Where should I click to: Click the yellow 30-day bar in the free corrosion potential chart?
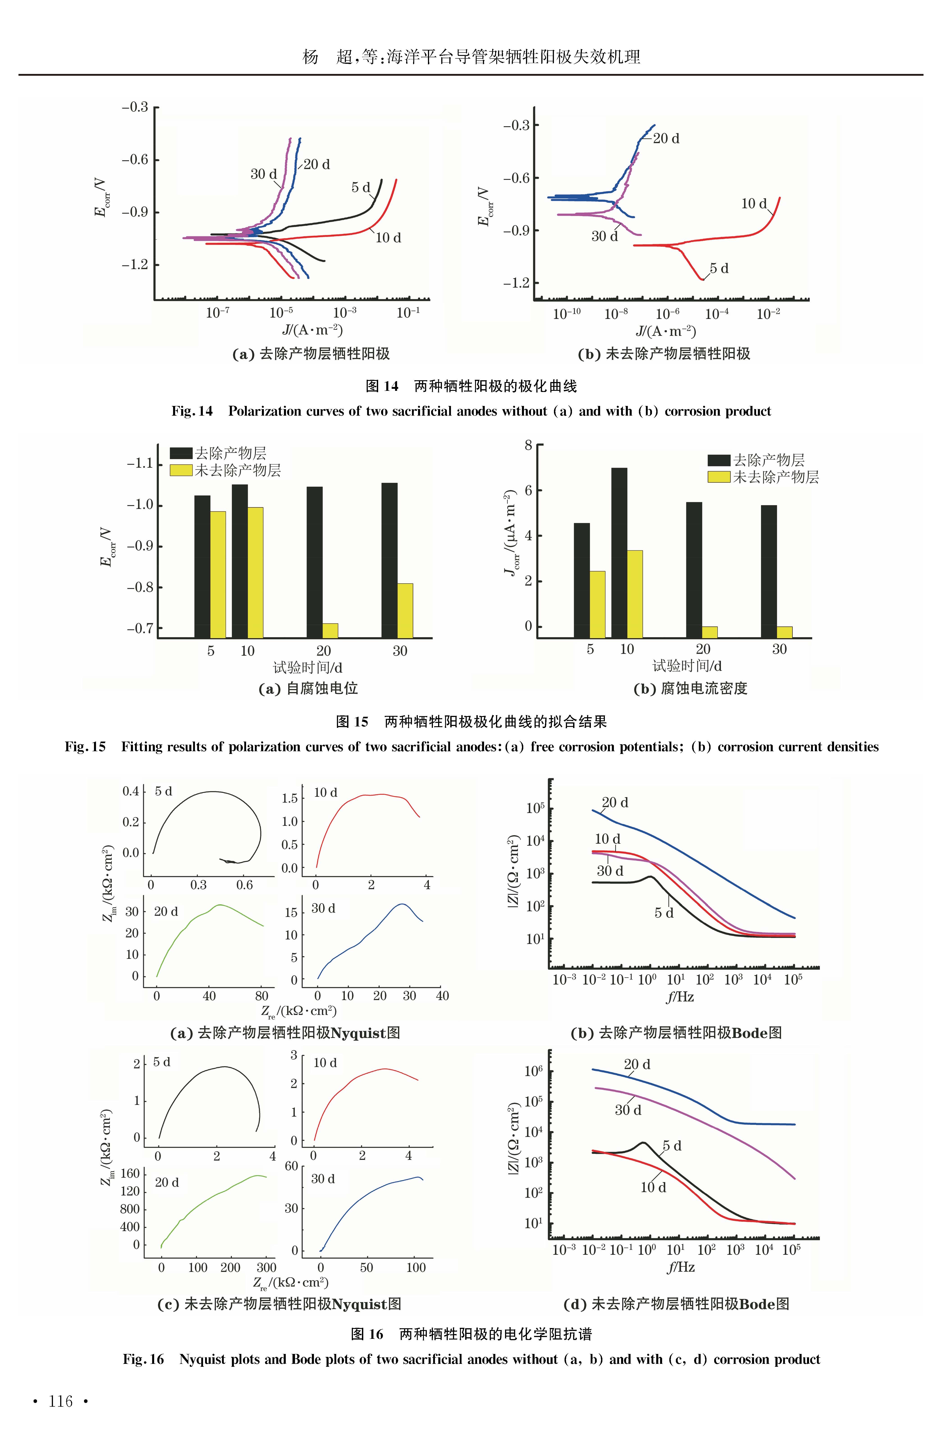coord(405,610)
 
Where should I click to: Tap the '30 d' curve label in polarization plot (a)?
coord(263,174)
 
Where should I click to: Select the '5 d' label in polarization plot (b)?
coord(719,268)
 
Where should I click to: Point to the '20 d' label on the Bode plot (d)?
coord(637,1064)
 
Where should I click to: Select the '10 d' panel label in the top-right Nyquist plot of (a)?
coord(326,793)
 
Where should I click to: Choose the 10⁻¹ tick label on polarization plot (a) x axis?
coord(408,313)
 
